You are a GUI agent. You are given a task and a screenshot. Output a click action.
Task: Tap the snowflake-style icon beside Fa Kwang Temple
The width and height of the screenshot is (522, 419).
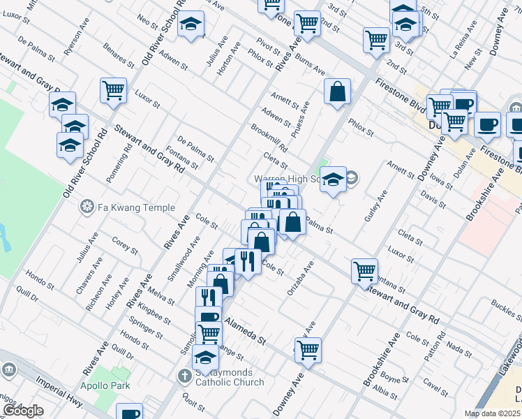click(x=87, y=207)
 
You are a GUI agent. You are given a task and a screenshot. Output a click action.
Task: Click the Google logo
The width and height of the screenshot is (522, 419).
click(x=22, y=411)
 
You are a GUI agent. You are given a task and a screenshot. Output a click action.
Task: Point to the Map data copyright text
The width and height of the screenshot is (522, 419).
click(x=492, y=413)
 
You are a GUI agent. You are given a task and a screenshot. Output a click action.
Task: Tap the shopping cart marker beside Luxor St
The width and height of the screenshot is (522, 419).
click(x=113, y=90)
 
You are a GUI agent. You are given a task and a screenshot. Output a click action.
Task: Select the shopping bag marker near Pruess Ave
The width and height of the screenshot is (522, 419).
click(x=337, y=91)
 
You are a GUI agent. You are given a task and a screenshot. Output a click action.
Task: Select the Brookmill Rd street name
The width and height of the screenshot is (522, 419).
click(x=269, y=138)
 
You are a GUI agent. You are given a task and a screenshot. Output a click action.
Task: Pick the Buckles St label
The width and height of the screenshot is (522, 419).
click(x=506, y=306)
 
